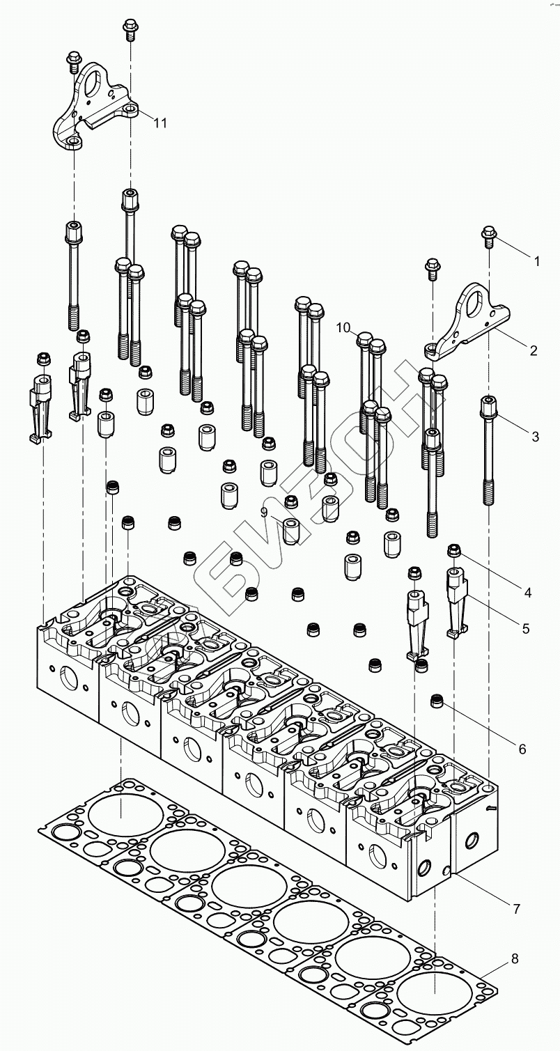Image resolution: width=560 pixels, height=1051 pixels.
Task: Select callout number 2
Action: click(x=534, y=350)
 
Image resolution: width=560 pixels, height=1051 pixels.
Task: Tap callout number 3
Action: click(x=535, y=437)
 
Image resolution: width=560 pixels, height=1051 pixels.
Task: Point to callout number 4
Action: click(x=527, y=593)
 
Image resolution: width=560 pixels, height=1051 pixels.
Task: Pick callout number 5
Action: click(x=526, y=628)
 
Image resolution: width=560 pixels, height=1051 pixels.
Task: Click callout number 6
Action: click(x=522, y=749)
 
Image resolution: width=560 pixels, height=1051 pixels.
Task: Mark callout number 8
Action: click(x=515, y=958)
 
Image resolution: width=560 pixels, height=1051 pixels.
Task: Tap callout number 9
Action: click(x=264, y=512)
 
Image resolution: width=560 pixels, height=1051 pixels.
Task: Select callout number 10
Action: click(x=343, y=327)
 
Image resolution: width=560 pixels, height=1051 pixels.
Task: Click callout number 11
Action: click(x=160, y=123)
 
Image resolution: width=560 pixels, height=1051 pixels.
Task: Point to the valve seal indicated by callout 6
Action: click(x=437, y=701)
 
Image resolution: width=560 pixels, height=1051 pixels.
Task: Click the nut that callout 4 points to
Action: click(x=454, y=550)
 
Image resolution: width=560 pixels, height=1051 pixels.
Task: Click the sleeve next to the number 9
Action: click(x=293, y=531)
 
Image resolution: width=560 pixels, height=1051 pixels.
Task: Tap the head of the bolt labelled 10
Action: click(x=364, y=338)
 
